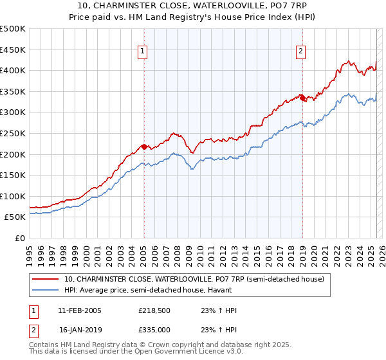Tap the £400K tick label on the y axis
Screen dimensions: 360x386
[13, 70]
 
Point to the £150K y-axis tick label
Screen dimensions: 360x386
[13, 175]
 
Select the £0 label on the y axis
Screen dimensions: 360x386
[20, 238]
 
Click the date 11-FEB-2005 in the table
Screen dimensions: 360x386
[80, 310]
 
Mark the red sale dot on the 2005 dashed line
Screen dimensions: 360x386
[143, 147]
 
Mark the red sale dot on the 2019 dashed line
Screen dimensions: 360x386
[302, 98]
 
